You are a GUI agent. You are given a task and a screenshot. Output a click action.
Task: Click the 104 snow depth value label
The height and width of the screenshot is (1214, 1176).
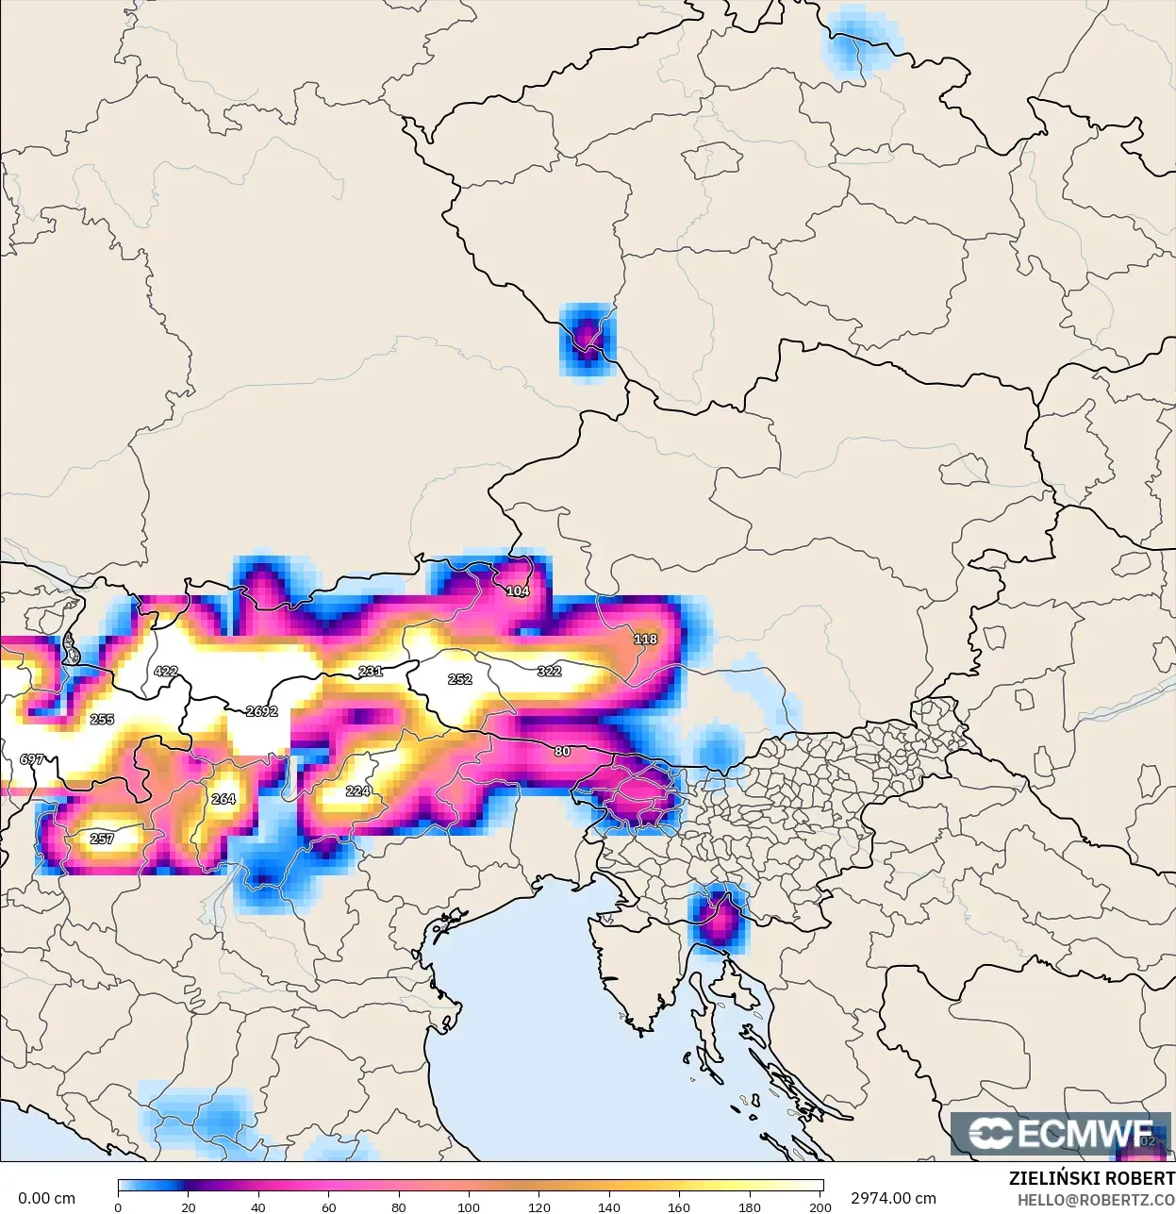pos(518,591)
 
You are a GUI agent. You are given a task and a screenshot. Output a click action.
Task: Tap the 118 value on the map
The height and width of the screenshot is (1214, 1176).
pos(645,640)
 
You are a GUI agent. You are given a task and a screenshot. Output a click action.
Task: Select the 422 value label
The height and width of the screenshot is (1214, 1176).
pos(166,672)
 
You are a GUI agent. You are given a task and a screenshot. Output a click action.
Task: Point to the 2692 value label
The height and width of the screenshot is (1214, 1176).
pos(261,711)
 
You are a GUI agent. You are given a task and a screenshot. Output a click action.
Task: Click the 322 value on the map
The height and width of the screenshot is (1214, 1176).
pos(549,672)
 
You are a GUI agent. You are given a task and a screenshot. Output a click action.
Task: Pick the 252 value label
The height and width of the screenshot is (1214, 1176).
pos(460,679)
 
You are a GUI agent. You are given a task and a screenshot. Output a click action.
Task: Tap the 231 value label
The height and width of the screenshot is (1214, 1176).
pos(371,672)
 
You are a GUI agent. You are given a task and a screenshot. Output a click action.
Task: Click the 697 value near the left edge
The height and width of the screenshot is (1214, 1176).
pos(32,759)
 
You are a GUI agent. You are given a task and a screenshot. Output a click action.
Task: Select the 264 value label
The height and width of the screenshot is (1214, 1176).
pos(224,799)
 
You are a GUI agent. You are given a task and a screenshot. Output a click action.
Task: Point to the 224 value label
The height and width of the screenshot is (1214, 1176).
pos(358,791)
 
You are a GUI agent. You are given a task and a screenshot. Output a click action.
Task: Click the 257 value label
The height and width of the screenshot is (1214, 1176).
pos(102,839)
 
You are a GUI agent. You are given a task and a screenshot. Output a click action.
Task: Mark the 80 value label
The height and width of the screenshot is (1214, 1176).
pos(562,752)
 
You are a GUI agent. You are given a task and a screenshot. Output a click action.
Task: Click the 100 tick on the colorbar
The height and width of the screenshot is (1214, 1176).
pos(469,1206)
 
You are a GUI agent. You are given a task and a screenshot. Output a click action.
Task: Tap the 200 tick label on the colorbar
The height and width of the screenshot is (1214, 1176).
pos(820,1206)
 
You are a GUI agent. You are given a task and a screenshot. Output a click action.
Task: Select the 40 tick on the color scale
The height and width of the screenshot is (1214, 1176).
pos(258,1206)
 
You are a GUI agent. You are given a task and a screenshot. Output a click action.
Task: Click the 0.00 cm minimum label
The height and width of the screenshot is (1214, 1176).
pos(46,1198)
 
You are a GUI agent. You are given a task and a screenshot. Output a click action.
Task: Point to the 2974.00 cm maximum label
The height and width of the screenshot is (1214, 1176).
pos(893,1198)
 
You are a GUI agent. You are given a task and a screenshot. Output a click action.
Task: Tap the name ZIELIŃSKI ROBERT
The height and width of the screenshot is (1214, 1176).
pos(1091,1178)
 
